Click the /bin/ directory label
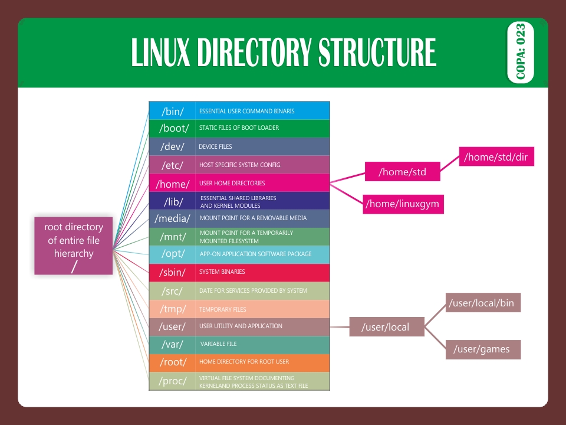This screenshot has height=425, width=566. (172, 111)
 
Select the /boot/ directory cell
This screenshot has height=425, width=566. (172, 128)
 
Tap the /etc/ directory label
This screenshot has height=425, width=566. (172, 165)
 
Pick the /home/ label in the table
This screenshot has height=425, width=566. (172, 184)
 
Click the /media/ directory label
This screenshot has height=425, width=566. (172, 218)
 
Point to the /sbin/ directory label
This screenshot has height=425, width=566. (172, 272)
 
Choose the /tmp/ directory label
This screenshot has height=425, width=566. (172, 309)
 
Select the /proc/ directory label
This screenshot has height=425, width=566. (172, 381)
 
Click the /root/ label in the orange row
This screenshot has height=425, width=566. (172, 362)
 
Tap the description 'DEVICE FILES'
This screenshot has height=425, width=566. (215, 146)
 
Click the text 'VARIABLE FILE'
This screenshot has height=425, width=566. (218, 344)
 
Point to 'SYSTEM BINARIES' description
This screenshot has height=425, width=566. (222, 272)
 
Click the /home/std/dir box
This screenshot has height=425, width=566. (496, 157)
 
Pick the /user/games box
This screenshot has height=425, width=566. (481, 349)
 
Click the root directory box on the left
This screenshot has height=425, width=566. (74, 246)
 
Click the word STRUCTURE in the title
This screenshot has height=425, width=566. (377, 53)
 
